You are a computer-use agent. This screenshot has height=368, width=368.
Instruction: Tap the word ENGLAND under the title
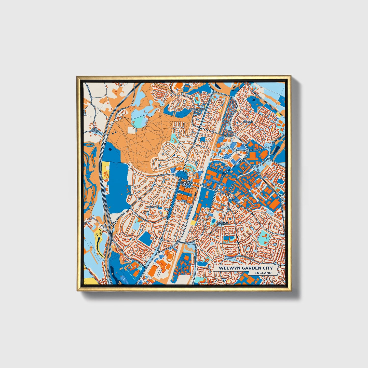pyautogui.click(x=263, y=273)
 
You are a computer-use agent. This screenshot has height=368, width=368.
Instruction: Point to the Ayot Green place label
pyautogui.click(x=94, y=130)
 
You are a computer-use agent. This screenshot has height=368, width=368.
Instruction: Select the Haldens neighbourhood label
pyautogui.click(x=248, y=122)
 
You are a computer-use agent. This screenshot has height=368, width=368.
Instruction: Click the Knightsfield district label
pyautogui.click(x=197, y=109)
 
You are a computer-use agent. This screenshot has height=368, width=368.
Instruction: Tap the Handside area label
pyautogui.click(x=152, y=208)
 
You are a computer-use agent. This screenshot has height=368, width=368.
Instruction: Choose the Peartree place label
pyautogui.click(x=222, y=222)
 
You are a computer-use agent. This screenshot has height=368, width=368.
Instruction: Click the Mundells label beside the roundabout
pyautogui.click(x=254, y=150)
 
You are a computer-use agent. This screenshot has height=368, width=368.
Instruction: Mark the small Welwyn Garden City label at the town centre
pyautogui.click(x=184, y=184)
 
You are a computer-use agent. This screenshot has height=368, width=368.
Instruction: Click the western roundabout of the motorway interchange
pyautogui.click(x=105, y=226)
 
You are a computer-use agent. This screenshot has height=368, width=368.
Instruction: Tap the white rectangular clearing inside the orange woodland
pyautogui.click(x=132, y=130)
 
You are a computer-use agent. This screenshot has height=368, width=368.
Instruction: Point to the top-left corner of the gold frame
pyautogui.click(x=77, y=76)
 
